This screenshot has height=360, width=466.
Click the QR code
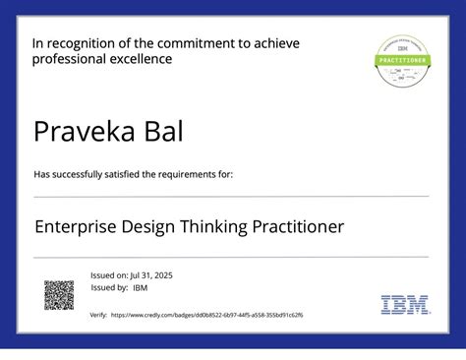(x=59, y=295)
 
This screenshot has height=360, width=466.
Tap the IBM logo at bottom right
(x=405, y=305)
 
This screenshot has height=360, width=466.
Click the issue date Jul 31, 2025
(x=151, y=274)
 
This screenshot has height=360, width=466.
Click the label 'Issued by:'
(x=109, y=288)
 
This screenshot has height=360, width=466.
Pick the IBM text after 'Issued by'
(x=141, y=288)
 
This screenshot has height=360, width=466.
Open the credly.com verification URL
(x=207, y=315)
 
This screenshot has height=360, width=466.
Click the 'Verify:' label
(x=98, y=315)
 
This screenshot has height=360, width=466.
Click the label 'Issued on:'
(x=108, y=274)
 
